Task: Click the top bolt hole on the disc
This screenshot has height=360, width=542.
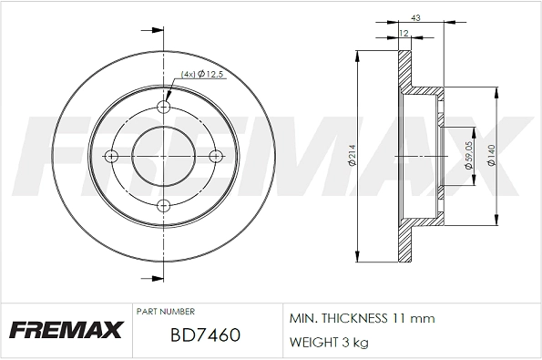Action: [164, 108]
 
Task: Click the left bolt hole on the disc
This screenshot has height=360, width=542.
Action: [112, 157]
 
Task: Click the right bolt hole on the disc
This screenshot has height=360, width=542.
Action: [216, 157]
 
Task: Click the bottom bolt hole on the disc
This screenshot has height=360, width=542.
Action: [164, 205]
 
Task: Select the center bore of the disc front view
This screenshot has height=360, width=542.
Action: [164, 157]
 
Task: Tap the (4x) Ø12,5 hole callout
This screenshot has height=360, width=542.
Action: [203, 75]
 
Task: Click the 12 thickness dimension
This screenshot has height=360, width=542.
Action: [403, 34]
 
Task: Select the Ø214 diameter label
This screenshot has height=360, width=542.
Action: [349, 157]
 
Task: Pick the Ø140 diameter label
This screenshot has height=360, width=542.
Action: [493, 157]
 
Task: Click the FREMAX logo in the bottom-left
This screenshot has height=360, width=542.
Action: [66, 330]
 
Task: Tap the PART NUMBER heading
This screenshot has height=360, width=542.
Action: [165, 311]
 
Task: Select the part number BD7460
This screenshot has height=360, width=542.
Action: [205, 334]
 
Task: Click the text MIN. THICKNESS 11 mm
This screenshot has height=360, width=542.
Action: [362, 319]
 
